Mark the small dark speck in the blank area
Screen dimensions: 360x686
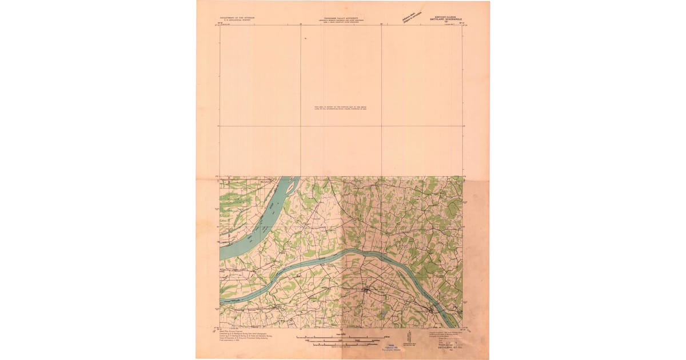[306, 38]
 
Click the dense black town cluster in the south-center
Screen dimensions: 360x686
[366, 291]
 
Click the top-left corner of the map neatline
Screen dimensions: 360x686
[220, 26]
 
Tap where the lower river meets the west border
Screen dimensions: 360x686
[221, 299]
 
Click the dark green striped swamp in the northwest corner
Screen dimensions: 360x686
[230, 199]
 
